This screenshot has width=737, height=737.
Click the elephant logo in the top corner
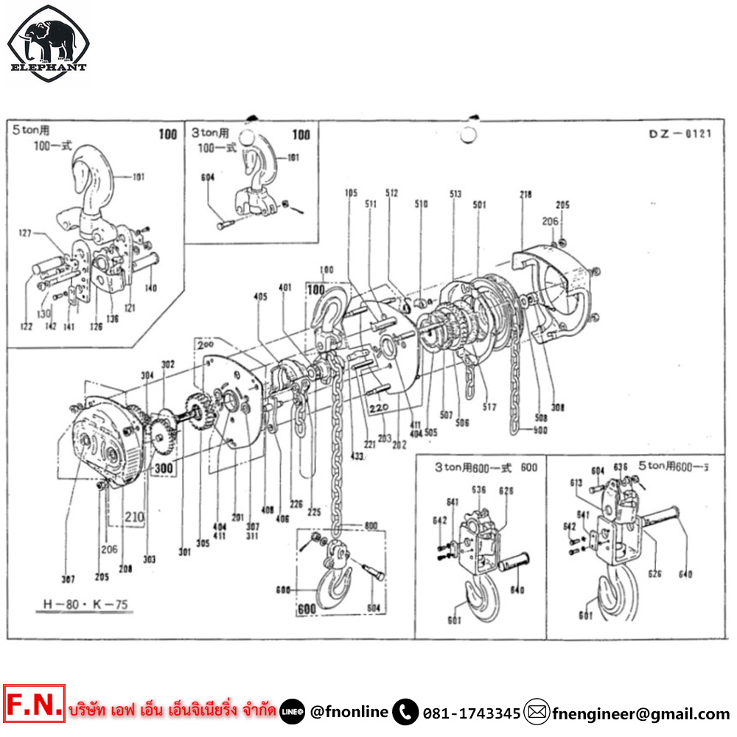(x=48, y=43)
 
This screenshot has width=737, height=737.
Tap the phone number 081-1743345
(x=472, y=713)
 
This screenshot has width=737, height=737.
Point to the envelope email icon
(x=537, y=713)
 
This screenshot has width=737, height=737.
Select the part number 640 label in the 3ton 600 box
(x=517, y=590)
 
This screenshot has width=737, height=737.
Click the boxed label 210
(x=133, y=517)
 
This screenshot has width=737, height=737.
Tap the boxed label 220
(x=379, y=406)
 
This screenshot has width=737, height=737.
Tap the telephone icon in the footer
(x=405, y=713)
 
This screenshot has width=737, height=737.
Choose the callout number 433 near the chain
(x=337, y=457)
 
